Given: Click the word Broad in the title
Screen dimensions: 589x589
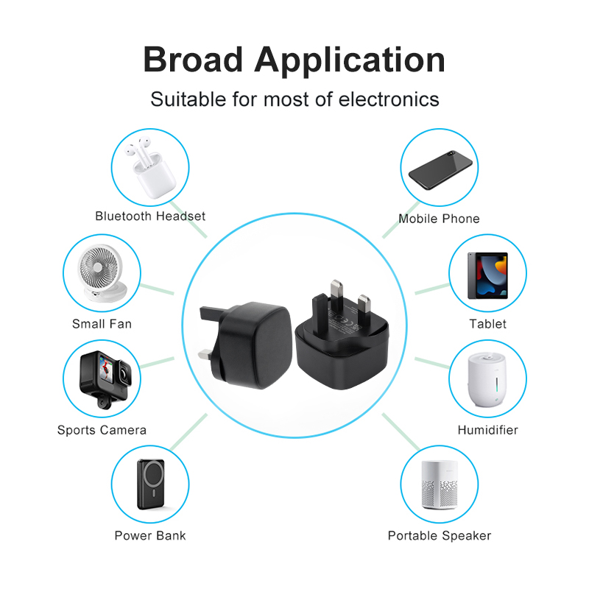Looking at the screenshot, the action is (193, 60).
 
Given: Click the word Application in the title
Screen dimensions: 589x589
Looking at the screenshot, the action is (350, 62).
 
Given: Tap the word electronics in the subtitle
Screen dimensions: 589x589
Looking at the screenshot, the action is (389, 99).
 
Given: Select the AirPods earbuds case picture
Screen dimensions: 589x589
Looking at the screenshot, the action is (151, 167).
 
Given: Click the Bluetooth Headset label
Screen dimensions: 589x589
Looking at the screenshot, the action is (150, 216).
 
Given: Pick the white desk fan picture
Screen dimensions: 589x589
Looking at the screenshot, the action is (102, 273).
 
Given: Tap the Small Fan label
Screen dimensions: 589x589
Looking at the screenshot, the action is (102, 324).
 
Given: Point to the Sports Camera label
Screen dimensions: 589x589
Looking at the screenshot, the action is (102, 430).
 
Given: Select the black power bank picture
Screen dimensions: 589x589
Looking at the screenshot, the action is (151, 484).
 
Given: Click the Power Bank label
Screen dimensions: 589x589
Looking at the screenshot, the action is (150, 536).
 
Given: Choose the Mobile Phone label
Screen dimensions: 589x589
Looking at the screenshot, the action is (439, 219).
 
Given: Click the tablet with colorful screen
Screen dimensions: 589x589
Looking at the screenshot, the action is (487, 275).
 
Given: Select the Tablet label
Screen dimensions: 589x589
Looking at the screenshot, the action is (488, 324).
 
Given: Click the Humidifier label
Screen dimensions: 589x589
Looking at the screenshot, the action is (488, 430).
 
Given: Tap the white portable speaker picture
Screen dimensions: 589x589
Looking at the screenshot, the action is (440, 484).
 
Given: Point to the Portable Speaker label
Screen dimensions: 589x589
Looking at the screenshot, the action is (440, 536).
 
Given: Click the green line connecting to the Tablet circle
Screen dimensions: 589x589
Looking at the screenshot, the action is (432, 289).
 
